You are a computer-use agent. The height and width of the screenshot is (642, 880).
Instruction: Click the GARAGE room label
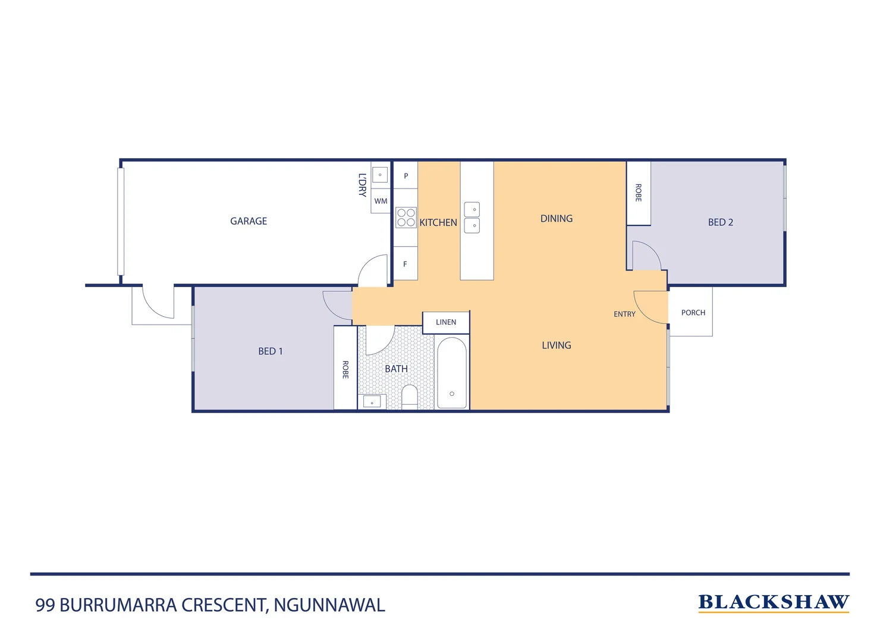pyautogui.click(x=249, y=221)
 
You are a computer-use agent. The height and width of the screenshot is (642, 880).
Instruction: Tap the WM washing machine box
pyautogui.click(x=381, y=201)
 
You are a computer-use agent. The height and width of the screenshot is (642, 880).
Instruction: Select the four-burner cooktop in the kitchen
pyautogui.click(x=406, y=218)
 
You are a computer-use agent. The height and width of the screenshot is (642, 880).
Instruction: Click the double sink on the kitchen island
pyautogui.click(x=472, y=218)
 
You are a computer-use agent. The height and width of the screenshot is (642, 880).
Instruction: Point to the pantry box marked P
pyautogui.click(x=406, y=176)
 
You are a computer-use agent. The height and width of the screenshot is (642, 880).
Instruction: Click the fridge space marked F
pyautogui.click(x=406, y=264)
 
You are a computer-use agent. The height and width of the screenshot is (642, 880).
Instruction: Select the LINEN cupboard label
pyautogui.click(x=446, y=322)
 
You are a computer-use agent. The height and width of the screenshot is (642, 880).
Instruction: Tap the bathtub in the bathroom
pyautogui.click(x=452, y=373)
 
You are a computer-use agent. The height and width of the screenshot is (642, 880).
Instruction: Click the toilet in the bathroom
pyautogui.click(x=410, y=395)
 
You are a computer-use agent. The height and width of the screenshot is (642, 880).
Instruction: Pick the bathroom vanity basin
pyautogui.click(x=372, y=402)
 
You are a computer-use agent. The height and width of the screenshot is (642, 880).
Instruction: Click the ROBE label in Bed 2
pyautogui.click(x=638, y=193)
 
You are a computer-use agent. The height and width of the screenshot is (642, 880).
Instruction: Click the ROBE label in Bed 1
pyautogui.click(x=345, y=369)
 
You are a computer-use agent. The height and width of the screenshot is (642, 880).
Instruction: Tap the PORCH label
pyautogui.click(x=693, y=313)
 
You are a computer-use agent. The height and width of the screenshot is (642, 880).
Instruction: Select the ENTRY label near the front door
pyautogui.click(x=624, y=314)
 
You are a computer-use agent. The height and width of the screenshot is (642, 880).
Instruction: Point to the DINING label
pyautogui.click(x=557, y=219)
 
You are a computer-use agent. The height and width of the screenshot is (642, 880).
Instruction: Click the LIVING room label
pyautogui.click(x=557, y=345)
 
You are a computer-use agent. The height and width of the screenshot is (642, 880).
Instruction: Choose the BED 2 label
pyautogui.click(x=720, y=222)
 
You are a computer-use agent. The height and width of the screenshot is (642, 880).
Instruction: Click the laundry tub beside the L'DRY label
pyautogui.click(x=380, y=175)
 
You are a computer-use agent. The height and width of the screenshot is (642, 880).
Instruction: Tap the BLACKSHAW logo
pyautogui.click(x=773, y=602)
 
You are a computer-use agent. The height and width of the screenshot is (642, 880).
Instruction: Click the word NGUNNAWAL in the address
pyautogui.click(x=329, y=605)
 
